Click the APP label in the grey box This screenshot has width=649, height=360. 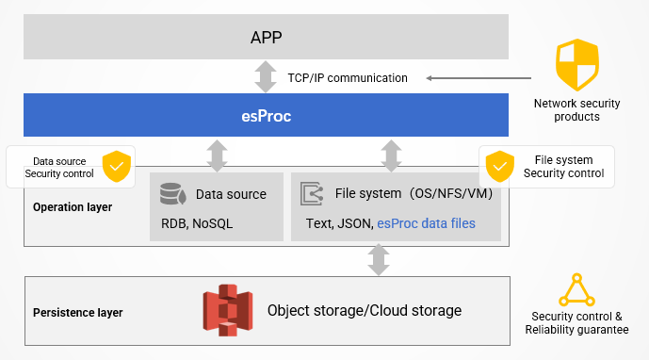coord(267,38)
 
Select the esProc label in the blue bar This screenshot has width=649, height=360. coord(267,117)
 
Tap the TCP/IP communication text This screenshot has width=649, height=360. coord(348,77)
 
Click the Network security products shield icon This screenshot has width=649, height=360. coord(577,65)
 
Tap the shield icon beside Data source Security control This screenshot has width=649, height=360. coord(117,166)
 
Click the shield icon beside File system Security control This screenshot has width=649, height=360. coord(499,167)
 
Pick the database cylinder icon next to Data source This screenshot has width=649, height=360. coord(172,194)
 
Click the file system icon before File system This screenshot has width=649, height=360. coord(312,194)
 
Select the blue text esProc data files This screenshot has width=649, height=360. coord(426,223)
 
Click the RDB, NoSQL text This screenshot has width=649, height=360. coord(197,223)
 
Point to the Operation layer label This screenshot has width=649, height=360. coord(73,206)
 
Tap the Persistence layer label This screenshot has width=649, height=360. coord(77,312)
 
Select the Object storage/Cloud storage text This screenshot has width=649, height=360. coord(365,310)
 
